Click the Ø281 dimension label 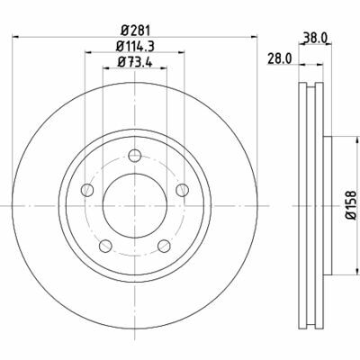click(x=135, y=31)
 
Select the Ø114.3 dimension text click(x=135, y=46)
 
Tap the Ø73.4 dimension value click(x=135, y=62)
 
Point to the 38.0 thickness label click(x=315, y=38)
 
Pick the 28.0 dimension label click(x=280, y=58)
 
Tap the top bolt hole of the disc click(x=135, y=156)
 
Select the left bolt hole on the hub click(x=87, y=190)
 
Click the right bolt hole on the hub click(x=182, y=190)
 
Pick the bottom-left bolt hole click(x=105, y=246)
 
